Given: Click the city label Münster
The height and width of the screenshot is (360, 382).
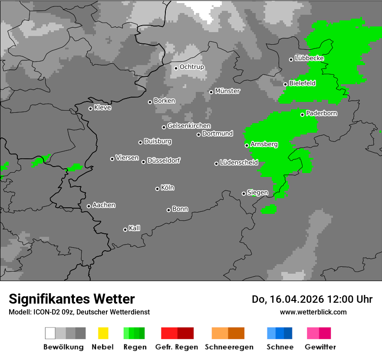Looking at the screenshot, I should [227, 91].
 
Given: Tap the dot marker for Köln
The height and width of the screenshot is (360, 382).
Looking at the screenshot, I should [157, 189].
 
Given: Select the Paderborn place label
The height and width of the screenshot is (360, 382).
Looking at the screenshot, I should [322, 113].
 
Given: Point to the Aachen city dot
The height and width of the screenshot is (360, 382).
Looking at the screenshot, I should [89, 206].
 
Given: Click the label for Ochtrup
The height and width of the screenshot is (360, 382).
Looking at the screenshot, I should [192, 67].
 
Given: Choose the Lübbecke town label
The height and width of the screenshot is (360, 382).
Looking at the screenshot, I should [310, 58].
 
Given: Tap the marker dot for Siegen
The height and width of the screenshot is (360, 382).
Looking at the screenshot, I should [244, 193].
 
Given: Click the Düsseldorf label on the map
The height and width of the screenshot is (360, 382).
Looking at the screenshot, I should [164, 160].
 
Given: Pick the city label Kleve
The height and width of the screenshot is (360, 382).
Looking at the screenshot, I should [103, 108].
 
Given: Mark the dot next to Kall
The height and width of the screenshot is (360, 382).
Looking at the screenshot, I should [125, 229].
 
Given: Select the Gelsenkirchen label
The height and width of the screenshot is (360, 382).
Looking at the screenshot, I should [189, 126].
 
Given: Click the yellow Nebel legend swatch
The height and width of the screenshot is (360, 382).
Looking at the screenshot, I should [103, 333].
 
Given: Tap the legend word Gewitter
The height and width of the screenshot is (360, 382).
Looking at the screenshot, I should [320, 347].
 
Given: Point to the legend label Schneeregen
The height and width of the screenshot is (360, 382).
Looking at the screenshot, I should [229, 347].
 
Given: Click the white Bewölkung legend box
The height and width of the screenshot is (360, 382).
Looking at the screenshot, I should [50, 333].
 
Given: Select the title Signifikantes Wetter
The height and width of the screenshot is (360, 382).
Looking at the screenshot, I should [72, 299].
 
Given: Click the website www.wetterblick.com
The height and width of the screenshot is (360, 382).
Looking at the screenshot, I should [313, 312].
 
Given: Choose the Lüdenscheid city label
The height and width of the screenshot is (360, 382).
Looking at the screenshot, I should [239, 163].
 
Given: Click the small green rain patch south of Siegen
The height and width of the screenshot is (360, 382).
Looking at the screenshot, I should [269, 209].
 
